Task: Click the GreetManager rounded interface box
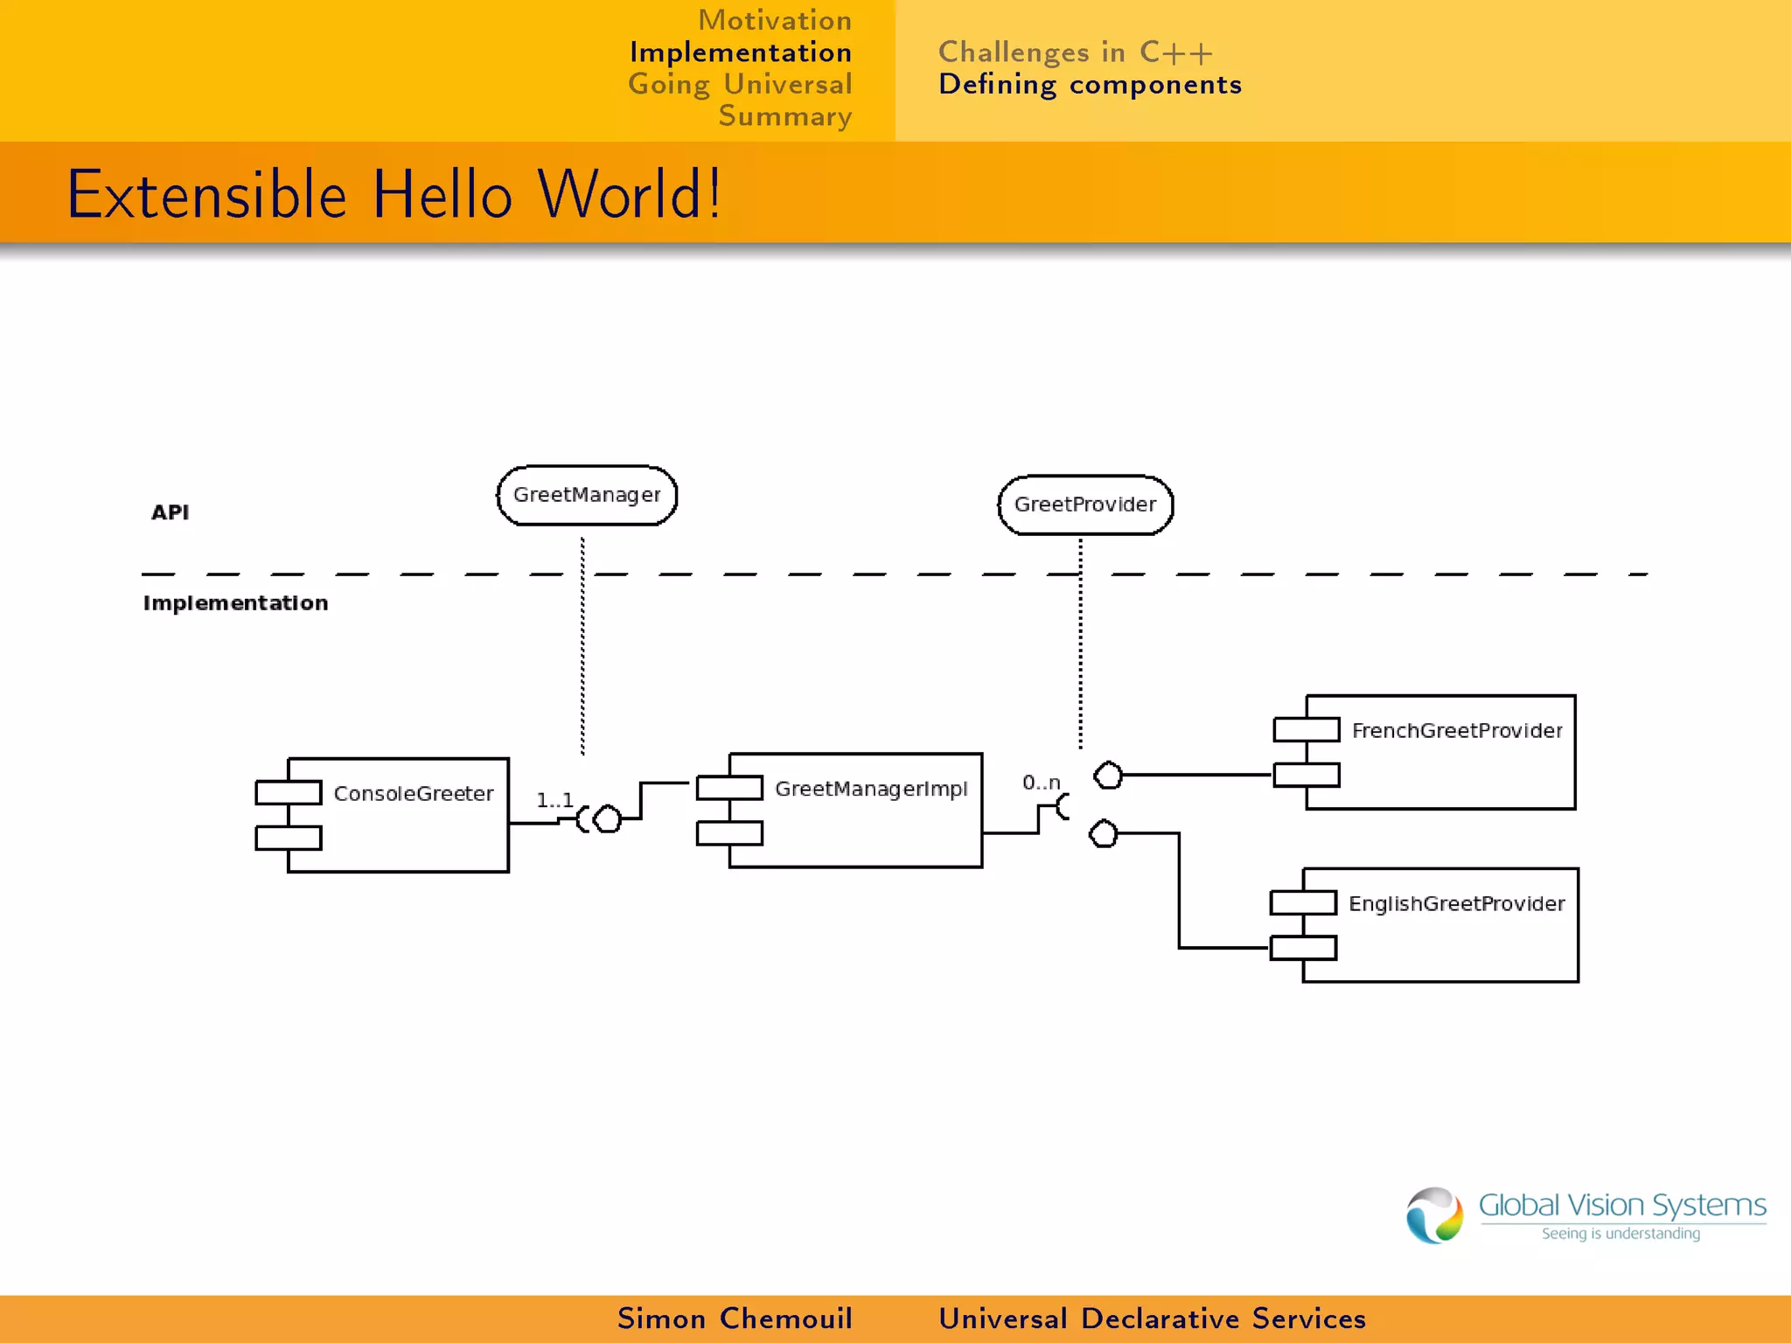(x=587, y=495)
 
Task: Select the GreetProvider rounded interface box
(x=1085, y=504)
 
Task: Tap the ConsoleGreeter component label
(x=413, y=793)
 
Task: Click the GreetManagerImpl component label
(x=871, y=789)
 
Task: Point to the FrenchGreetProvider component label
(x=1456, y=730)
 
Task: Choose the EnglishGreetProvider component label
(x=1456, y=903)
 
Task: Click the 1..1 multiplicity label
(x=554, y=799)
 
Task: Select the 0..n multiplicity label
(x=1041, y=782)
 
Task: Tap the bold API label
(x=170, y=512)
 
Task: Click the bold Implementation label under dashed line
(x=235, y=602)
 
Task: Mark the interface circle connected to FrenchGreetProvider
(x=1108, y=775)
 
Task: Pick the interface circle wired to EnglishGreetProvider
(x=1104, y=833)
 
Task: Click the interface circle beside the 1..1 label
(x=607, y=819)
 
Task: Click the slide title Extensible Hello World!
(x=394, y=194)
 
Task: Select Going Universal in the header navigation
(x=740, y=84)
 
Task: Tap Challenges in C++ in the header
(x=1075, y=52)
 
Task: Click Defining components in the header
(x=1090, y=84)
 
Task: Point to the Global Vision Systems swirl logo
(x=1434, y=1214)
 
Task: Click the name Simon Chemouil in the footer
(x=735, y=1318)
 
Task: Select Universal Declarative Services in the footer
(x=1152, y=1318)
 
